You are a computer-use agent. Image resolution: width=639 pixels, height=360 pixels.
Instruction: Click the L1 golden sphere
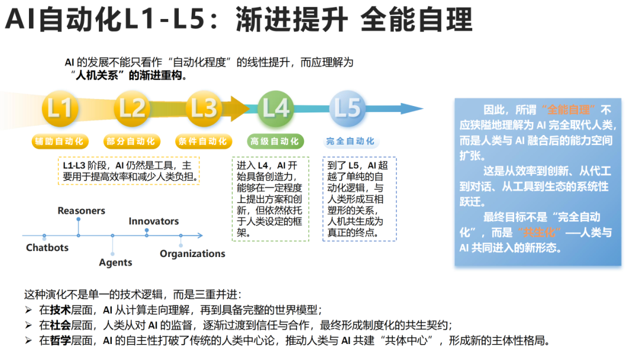[59, 108]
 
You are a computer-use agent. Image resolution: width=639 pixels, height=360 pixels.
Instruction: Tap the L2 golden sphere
[131, 108]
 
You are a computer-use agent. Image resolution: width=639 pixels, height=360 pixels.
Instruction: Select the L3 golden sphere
[202, 108]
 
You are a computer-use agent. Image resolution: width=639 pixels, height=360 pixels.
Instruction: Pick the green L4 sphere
[276, 108]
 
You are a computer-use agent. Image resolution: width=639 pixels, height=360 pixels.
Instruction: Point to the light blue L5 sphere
[347, 108]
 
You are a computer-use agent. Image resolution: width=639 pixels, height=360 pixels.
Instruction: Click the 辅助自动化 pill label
[60, 142]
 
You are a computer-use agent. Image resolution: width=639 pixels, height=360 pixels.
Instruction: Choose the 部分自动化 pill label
[131, 142]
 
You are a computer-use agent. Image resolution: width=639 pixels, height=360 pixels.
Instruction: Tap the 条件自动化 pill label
[202, 142]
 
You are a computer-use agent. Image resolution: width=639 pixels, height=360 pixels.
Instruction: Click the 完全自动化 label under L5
[350, 142]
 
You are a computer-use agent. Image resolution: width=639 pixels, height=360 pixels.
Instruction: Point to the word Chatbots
[47, 247]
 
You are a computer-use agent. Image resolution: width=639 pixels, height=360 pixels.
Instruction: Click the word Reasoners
[81, 211]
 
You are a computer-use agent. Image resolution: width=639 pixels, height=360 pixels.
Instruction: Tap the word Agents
[115, 262]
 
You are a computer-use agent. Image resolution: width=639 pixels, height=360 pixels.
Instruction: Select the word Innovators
[154, 221]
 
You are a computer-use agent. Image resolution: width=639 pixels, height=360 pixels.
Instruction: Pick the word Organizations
[192, 253]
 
